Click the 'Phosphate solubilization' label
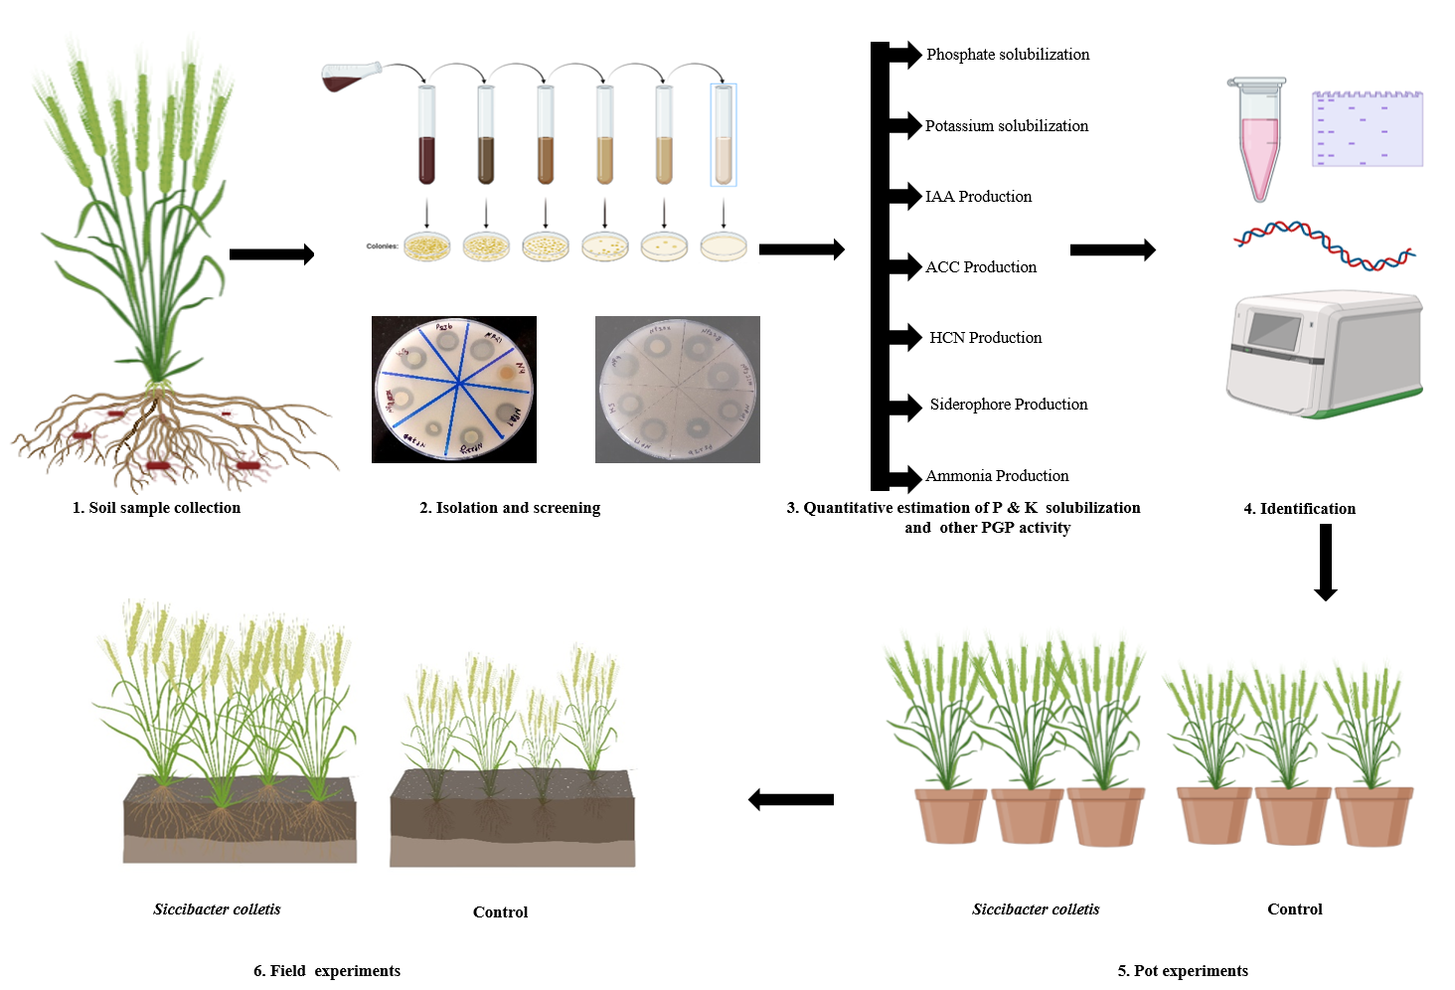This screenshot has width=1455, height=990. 1008,55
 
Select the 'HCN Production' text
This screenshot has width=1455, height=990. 985,338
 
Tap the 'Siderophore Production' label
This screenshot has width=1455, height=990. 1008,405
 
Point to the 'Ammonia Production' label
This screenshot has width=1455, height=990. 997,476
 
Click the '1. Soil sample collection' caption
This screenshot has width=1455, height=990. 156,508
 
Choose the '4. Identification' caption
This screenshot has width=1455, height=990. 1299,509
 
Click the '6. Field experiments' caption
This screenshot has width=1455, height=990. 327,971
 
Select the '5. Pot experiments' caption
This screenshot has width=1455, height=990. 1183,971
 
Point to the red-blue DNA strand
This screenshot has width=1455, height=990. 1324,246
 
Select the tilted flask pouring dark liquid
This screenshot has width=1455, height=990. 350,77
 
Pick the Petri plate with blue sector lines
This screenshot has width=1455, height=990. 454,390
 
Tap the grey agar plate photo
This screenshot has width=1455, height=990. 678,390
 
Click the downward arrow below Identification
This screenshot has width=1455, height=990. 1325,563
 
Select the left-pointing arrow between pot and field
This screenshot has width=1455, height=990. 791,799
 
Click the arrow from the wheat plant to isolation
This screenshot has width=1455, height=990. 271,254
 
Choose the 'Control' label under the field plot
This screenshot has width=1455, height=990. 500,912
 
